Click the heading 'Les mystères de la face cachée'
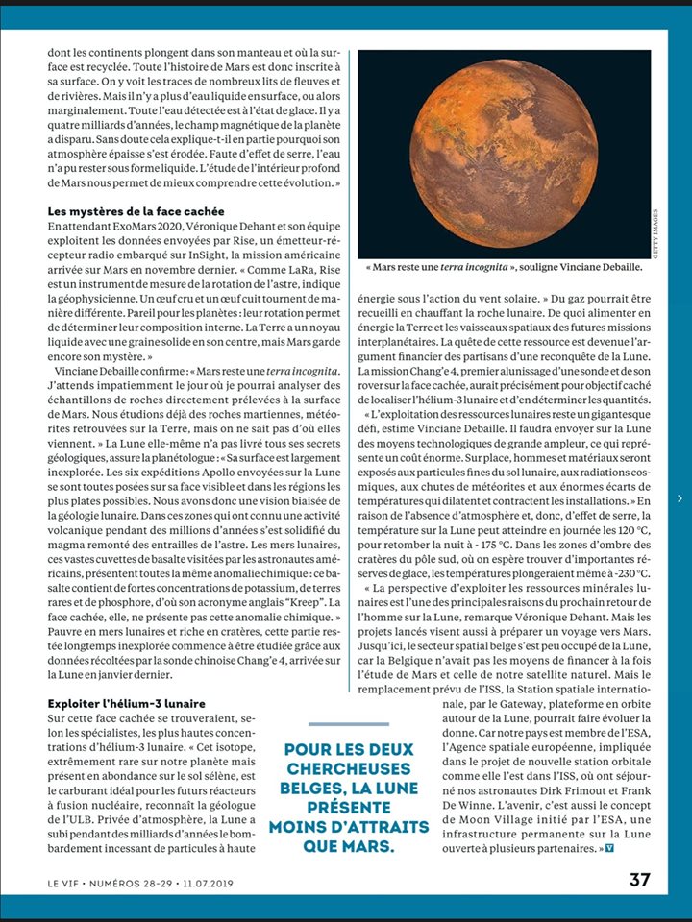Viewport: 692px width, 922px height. (x=136, y=210)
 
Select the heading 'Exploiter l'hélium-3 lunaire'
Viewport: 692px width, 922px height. (x=126, y=704)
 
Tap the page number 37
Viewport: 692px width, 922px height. (x=640, y=880)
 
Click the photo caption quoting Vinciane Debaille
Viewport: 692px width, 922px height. (x=505, y=268)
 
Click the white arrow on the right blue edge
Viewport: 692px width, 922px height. (x=680, y=498)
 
